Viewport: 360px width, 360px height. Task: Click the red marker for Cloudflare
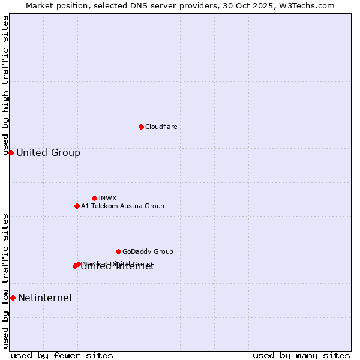[141, 127]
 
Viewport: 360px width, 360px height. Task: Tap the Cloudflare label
[161, 127]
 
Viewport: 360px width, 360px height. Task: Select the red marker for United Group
[11, 152]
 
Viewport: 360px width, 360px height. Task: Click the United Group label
[48, 152]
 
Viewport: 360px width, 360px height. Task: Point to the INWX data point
[94, 198]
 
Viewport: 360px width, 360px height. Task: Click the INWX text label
[107, 198]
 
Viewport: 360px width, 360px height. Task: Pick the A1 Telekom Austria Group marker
[77, 206]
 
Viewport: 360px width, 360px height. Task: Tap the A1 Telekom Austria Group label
[122, 206]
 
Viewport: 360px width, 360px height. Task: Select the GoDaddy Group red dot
[118, 251]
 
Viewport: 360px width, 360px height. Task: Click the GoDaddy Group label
[148, 251]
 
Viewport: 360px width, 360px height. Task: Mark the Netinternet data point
[13, 298]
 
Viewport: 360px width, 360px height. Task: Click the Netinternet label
[45, 298]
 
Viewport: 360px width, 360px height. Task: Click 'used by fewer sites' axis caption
[62, 355]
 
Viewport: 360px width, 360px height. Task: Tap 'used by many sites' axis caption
[301, 355]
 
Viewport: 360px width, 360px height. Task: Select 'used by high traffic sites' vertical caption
[5, 85]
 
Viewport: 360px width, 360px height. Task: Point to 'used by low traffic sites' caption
[5, 281]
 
